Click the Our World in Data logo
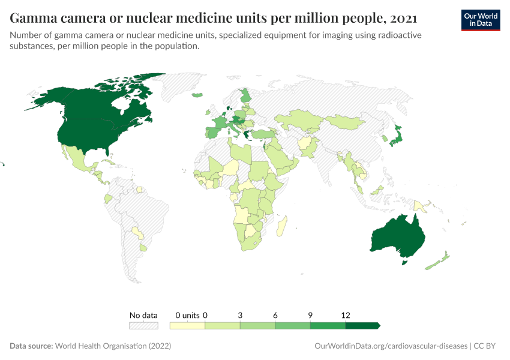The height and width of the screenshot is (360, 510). click(x=480, y=20)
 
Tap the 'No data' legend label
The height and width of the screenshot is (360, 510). click(x=143, y=315)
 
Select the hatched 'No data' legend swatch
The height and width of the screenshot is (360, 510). click(x=143, y=326)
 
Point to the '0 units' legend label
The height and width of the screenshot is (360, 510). click(x=187, y=315)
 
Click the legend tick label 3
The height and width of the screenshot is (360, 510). click(x=240, y=315)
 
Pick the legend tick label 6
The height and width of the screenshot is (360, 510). click(x=275, y=315)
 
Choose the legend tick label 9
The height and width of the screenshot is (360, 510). click(x=310, y=315)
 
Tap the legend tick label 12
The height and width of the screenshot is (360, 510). click(x=346, y=315)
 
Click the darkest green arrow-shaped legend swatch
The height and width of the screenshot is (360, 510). click(x=362, y=326)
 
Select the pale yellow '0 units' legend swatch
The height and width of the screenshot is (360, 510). click(x=187, y=326)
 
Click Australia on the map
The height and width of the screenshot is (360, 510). click(x=398, y=237)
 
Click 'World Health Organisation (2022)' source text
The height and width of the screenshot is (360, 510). click(x=113, y=346)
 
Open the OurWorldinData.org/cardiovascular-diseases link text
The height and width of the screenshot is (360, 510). click(x=391, y=346)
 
